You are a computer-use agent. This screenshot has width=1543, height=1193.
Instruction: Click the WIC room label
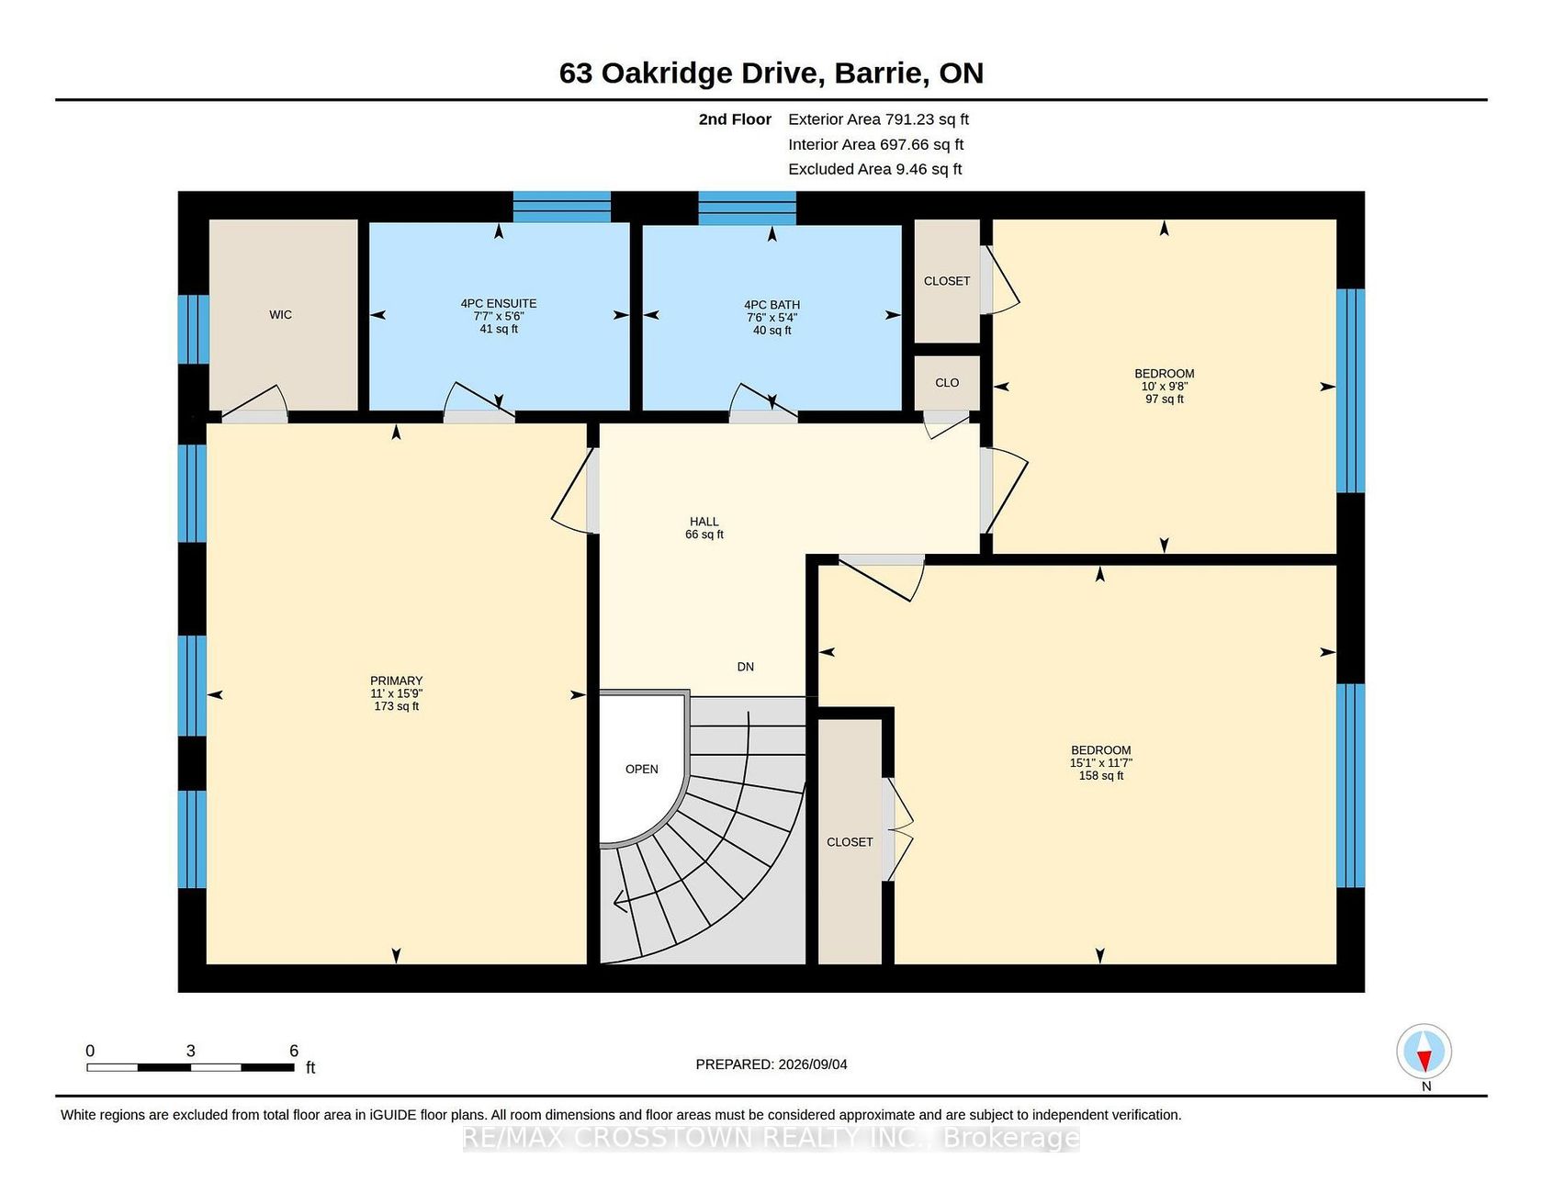coord(280,315)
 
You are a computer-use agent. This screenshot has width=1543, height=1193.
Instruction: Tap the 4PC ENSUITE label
coord(499,304)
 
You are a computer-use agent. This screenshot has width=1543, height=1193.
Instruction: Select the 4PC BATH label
coord(771,305)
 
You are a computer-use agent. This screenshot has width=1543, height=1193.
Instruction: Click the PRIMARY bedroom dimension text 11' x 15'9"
coord(396,693)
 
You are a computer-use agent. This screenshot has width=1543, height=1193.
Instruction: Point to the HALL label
coord(704,522)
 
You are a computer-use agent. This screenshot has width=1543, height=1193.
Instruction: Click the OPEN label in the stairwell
coord(642,770)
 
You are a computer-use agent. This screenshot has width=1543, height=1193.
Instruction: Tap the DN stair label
coord(746,667)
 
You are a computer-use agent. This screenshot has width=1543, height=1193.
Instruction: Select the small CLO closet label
coord(947,383)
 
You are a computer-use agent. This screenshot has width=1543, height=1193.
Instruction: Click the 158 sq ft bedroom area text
coord(1100,776)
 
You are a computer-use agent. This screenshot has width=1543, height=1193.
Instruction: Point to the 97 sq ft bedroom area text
coord(1164,400)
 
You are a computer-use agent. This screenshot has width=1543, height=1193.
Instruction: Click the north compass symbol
coord(1424,1052)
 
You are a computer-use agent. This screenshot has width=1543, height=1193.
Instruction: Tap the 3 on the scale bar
coord(191,1051)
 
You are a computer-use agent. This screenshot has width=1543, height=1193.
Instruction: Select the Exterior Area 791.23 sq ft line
coord(878,119)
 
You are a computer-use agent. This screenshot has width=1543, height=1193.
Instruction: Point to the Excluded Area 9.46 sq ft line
coord(874,169)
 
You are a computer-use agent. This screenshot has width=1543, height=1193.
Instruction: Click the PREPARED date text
coord(771,1064)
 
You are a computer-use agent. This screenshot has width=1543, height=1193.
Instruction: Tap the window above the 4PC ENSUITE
coord(561,207)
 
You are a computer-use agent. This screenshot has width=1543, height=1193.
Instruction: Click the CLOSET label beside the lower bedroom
coord(850,842)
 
